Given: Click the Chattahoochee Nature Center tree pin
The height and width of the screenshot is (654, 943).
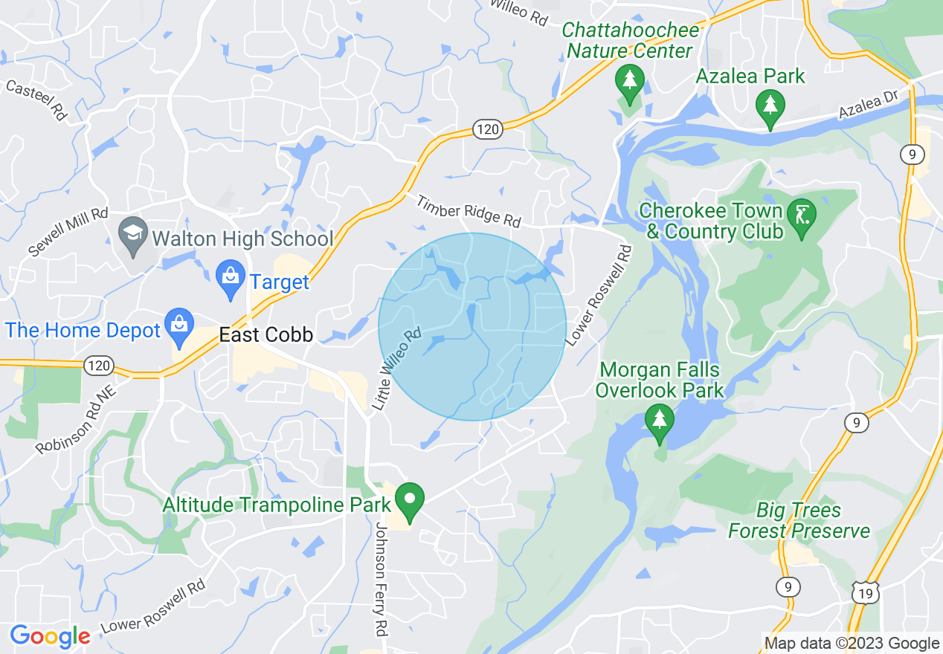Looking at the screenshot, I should pos(630,82).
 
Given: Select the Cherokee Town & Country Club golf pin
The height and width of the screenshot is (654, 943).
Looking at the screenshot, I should pos(802,217).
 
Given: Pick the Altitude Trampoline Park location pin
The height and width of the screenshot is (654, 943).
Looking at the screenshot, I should pos(409,502).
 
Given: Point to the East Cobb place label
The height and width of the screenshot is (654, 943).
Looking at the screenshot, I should pos(265,335).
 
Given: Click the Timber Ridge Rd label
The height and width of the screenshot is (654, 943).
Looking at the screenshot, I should pos(469,211).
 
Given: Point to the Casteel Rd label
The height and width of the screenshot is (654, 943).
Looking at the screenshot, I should pos(36,100).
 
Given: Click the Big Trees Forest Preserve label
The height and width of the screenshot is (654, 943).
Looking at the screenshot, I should pos(799,521).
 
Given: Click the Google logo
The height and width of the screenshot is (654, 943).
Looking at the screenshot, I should pos(50,636).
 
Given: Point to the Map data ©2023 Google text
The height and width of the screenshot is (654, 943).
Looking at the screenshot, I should pos(852,644).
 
